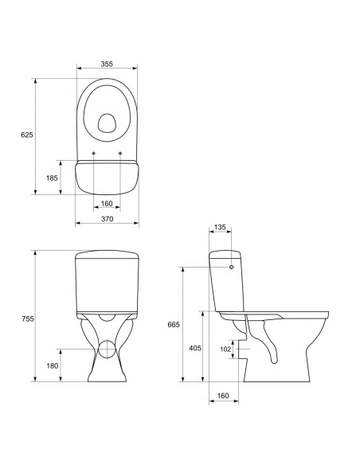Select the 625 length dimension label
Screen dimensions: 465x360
[x=25, y=136]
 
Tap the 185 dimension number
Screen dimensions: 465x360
[x=52, y=178]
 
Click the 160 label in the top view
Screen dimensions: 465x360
[x=107, y=203]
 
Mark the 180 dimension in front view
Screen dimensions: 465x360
[x=52, y=365]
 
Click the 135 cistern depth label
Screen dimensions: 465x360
[x=220, y=227]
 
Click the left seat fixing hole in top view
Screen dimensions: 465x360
[x=94, y=153]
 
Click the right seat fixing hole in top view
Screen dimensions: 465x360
[x=119, y=153]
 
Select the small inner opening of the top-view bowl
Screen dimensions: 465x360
[x=107, y=122]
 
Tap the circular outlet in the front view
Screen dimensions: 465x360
[x=107, y=348]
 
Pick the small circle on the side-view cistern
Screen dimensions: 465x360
[x=233, y=267]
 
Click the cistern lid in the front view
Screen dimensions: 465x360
[x=107, y=256]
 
